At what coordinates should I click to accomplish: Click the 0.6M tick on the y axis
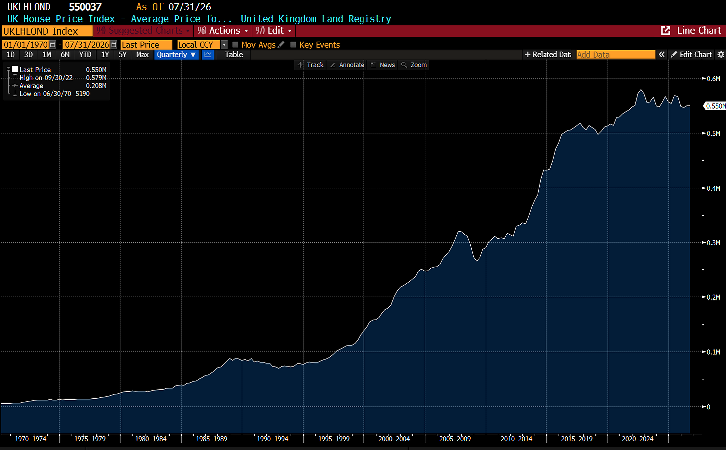(x=713, y=79)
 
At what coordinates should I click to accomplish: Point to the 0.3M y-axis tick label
(x=713, y=243)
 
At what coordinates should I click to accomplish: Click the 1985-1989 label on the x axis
(x=211, y=439)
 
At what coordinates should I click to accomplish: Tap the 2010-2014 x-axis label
(x=516, y=439)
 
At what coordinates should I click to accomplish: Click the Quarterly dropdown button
(x=177, y=55)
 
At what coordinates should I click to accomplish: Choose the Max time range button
(x=142, y=55)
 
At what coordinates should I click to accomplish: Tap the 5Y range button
(x=122, y=55)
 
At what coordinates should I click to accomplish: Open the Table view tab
(x=234, y=55)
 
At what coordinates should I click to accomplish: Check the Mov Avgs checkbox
(x=236, y=45)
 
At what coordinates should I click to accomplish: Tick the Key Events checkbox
(x=293, y=45)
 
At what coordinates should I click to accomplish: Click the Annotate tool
(x=347, y=65)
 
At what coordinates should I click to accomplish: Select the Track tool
(x=311, y=65)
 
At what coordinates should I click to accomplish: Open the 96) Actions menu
(x=223, y=31)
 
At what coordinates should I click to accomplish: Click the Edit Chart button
(x=691, y=55)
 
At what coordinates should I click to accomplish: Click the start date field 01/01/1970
(x=25, y=45)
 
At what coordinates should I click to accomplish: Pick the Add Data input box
(x=616, y=55)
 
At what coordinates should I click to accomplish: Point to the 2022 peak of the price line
(x=641, y=90)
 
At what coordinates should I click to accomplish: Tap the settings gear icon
(x=721, y=55)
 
